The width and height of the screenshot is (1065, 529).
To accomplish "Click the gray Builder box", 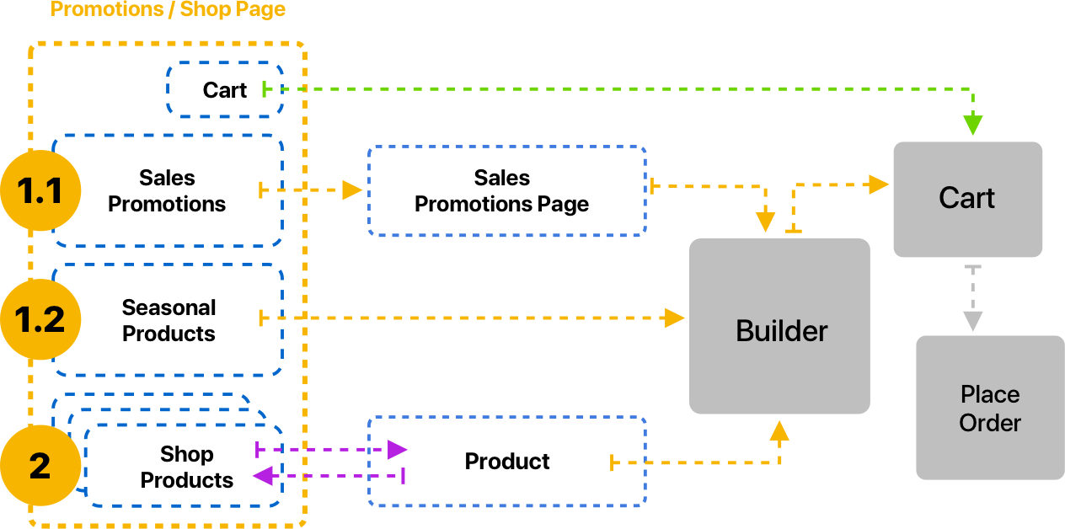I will pyautogui.click(x=779, y=327).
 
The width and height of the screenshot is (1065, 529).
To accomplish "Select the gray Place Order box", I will pyautogui.click(x=989, y=408).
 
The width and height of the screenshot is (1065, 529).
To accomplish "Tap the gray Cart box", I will pyautogui.click(x=967, y=199).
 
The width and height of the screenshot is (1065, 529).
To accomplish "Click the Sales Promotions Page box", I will pyautogui.click(x=506, y=190).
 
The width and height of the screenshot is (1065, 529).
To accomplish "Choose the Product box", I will pyautogui.click(x=506, y=461).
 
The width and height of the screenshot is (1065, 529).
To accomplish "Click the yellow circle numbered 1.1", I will pyautogui.click(x=40, y=191).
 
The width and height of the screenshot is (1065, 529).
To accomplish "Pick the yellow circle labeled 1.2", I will pyautogui.click(x=40, y=320).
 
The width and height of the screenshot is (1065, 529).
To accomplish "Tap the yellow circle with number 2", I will pyautogui.click(x=40, y=466).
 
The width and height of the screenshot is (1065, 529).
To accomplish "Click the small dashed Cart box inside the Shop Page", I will pyautogui.click(x=225, y=89).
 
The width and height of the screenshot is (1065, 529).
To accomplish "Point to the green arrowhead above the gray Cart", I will pyautogui.click(x=973, y=126).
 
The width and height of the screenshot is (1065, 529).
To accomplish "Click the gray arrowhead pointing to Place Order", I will pyautogui.click(x=973, y=321).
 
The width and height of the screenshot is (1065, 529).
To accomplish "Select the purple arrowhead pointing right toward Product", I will pyautogui.click(x=397, y=450).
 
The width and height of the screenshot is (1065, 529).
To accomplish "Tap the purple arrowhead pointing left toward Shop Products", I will pyautogui.click(x=264, y=476).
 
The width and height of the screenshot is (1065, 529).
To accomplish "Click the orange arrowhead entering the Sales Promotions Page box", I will pyautogui.click(x=352, y=190).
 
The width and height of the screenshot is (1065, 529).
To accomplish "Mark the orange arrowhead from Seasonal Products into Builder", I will pyautogui.click(x=674, y=318).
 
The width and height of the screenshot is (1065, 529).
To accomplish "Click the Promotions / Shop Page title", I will pyautogui.click(x=169, y=10).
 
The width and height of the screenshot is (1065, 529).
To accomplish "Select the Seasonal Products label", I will pyautogui.click(x=169, y=320).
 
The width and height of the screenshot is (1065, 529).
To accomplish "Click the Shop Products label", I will pyautogui.click(x=186, y=467).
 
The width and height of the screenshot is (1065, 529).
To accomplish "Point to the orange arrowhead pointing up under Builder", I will pyautogui.click(x=779, y=430).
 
